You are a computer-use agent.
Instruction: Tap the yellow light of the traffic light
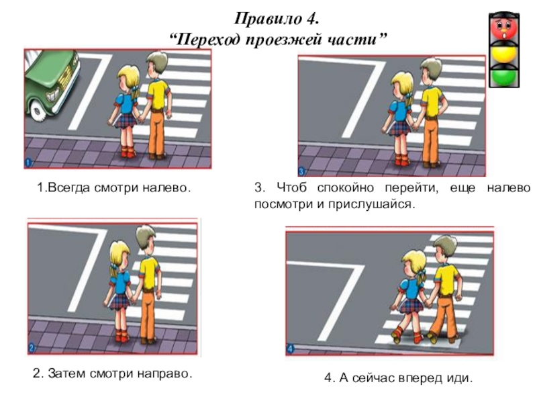point(504,54)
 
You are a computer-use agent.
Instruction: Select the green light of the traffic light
point(504,77)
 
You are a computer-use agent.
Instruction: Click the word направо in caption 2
point(164,373)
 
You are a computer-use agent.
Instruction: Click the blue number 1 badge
point(28,163)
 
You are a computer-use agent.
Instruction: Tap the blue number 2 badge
point(32,349)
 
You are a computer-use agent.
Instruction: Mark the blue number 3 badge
point(301,171)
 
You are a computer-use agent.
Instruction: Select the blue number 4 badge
point(290,349)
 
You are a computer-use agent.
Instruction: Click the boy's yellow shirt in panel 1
point(158,95)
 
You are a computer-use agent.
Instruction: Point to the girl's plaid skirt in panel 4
point(410,306)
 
